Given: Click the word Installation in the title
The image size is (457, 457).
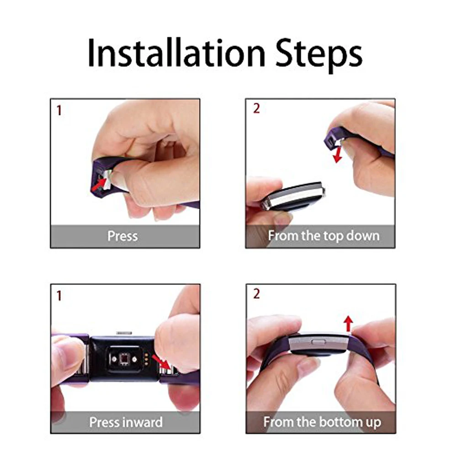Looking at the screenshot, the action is [176, 53].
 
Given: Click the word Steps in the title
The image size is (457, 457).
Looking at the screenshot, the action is [319, 55].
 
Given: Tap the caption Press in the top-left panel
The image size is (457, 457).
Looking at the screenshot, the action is [122, 236].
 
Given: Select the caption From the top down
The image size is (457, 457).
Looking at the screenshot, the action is [324, 236].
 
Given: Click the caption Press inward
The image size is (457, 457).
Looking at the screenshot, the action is [126, 422].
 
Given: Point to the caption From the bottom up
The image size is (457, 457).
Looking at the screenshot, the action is [322, 422].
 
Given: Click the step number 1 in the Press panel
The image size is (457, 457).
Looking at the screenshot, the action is [59, 111].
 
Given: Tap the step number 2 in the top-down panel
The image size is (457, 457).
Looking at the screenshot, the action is [256, 108].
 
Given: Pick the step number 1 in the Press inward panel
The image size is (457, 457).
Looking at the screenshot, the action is [59, 296].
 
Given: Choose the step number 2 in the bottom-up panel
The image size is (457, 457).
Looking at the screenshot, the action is [256, 294].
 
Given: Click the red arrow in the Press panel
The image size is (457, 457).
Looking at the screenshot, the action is [99, 185].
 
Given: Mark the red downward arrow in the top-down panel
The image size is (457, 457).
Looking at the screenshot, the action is [338, 154].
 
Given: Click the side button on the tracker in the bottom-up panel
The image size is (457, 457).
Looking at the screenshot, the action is [318, 341].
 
